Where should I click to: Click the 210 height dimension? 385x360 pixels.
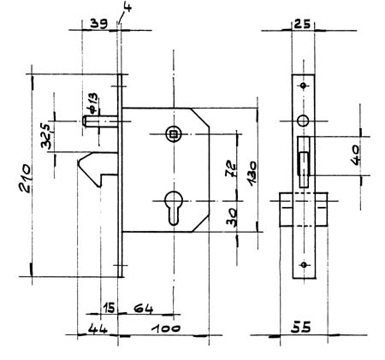pyautogui.click(x=26, y=178)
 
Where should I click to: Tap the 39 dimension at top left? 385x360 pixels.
pyautogui.click(x=99, y=24)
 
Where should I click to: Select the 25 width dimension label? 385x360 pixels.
pyautogui.click(x=302, y=24)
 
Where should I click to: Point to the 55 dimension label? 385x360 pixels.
pyautogui.click(x=301, y=328)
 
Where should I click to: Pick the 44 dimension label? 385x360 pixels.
pyautogui.click(x=98, y=328)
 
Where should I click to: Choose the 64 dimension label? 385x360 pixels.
pyautogui.click(x=144, y=309)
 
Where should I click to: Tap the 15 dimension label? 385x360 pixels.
pyautogui.click(x=109, y=308)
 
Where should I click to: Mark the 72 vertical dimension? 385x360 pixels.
pyautogui.click(x=231, y=169)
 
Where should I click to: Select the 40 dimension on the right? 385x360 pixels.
pyautogui.click(x=355, y=156)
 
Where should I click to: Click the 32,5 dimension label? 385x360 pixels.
pyautogui.click(x=46, y=136)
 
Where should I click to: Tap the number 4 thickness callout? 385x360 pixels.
pyautogui.click(x=127, y=6)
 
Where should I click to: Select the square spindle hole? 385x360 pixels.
pyautogui.click(x=173, y=134)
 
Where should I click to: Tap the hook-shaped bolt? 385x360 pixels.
pyautogui.click(x=98, y=169)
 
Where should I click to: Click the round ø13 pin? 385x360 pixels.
pyautogui.click(x=100, y=121)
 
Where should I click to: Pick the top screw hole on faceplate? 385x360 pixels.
pyautogui.click(x=303, y=86)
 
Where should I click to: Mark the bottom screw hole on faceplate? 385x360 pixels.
pyautogui.click(x=304, y=265)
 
